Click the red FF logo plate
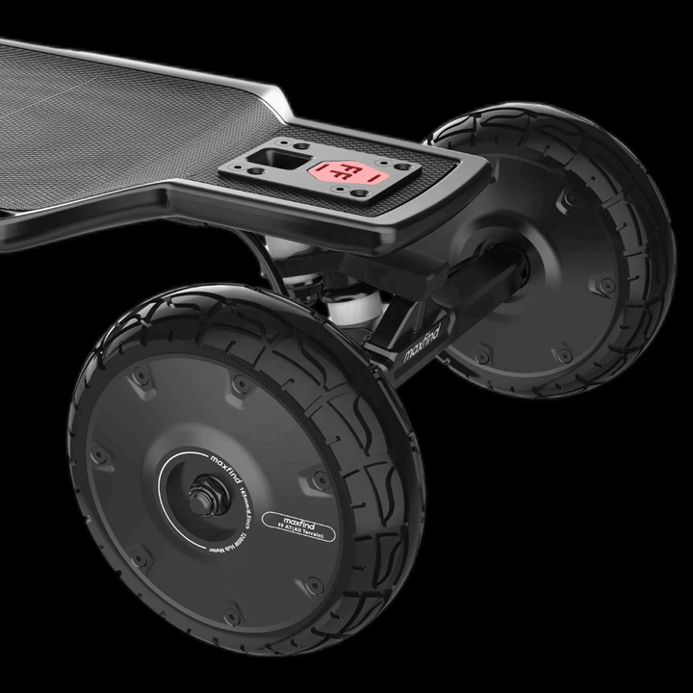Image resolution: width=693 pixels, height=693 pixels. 343,173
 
